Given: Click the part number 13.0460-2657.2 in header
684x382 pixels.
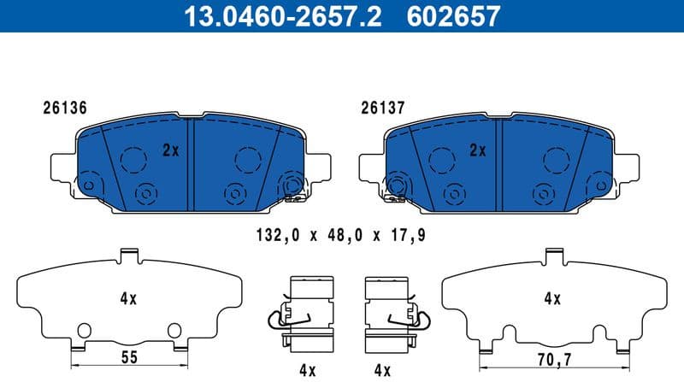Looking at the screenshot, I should (x=273, y=15).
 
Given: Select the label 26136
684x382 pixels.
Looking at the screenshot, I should (x=64, y=109).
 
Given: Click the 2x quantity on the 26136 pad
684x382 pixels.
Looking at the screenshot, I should (x=170, y=150).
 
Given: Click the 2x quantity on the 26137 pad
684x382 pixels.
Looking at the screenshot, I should (x=477, y=150).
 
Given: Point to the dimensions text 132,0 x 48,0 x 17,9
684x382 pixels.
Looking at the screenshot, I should (x=340, y=234).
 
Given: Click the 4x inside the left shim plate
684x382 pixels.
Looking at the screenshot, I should (x=129, y=299).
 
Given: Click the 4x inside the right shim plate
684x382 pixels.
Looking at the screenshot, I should (x=552, y=299).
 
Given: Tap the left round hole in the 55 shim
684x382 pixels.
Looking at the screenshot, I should (x=83, y=330).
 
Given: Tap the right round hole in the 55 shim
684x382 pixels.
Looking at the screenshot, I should (x=174, y=330).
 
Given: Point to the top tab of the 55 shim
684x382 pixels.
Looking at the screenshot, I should (x=128, y=255).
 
